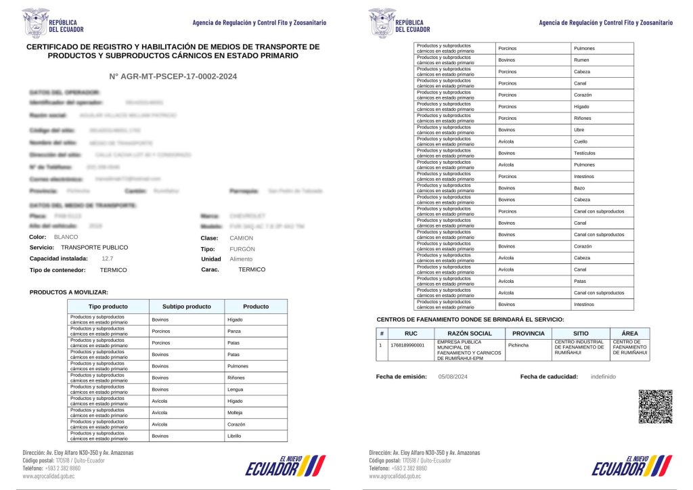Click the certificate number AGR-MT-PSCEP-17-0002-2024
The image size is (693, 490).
click(173, 77)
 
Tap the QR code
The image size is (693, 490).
click(655, 407)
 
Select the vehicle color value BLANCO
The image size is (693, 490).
click(66, 238)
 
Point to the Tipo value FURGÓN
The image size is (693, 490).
click(243, 248)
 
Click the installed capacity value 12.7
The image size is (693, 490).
click(107, 259)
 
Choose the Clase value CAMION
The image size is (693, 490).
click(242, 238)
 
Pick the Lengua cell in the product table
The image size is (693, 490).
click(236, 389)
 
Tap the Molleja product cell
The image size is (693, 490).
click(236, 412)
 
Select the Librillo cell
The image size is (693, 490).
click(236, 436)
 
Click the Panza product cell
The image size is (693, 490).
click(235, 332)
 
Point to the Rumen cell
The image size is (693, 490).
click(581, 60)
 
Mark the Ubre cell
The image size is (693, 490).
click(580, 130)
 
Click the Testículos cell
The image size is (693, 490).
click(586, 153)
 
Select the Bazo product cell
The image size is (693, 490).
click(580, 188)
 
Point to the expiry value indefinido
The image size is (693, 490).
click(603, 376)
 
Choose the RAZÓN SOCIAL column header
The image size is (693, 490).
click(470, 334)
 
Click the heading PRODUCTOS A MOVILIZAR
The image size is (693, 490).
click(69, 292)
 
